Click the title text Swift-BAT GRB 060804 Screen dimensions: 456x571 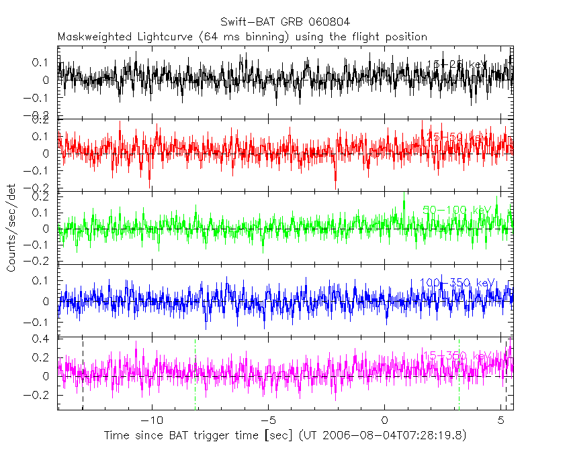[285, 22]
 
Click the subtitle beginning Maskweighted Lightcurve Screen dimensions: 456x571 [243, 36]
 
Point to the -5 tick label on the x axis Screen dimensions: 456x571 [268, 420]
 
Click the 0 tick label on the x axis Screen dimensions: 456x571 [384, 420]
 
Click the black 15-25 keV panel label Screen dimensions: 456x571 [457, 64]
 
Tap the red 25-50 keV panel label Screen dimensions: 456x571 [457, 137]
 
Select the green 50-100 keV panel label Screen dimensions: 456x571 [457, 210]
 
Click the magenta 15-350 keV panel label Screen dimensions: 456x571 [457, 355]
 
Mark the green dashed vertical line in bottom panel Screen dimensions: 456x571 [195, 376]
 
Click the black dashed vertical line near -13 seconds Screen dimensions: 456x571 [83, 376]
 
